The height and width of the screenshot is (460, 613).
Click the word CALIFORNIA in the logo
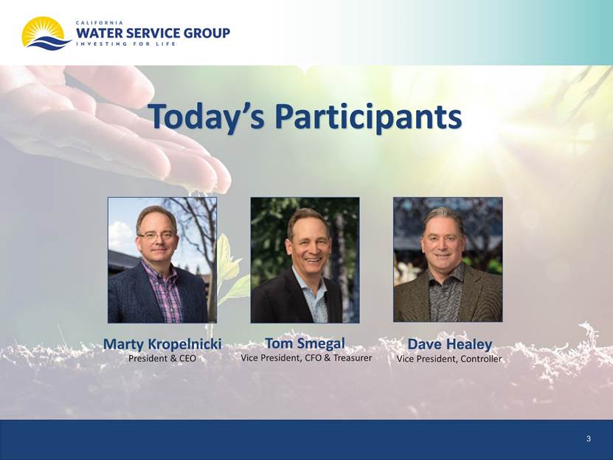click(x=100, y=23)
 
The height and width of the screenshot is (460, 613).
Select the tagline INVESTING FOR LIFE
click(x=125, y=44)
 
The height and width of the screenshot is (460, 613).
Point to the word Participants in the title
click(x=368, y=117)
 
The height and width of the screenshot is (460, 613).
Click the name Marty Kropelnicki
click(x=162, y=344)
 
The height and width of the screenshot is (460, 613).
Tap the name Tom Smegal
click(x=305, y=343)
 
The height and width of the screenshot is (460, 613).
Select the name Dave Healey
click(x=449, y=344)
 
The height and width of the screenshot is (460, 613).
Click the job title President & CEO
click(x=162, y=358)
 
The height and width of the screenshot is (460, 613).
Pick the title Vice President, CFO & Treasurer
click(x=306, y=357)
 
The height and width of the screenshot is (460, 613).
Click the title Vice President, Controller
click(x=449, y=358)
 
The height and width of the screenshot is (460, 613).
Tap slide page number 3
click(x=589, y=439)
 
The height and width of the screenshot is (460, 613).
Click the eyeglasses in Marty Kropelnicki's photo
click(x=156, y=236)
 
